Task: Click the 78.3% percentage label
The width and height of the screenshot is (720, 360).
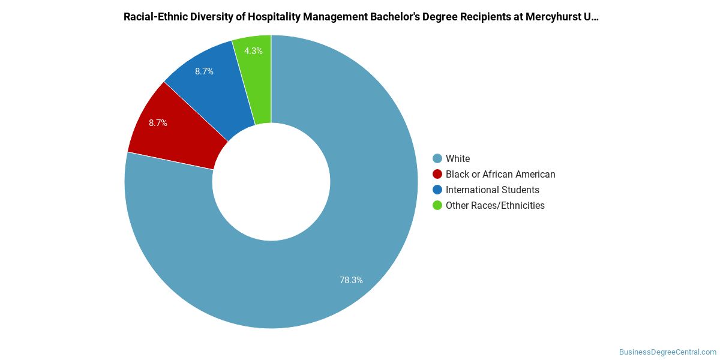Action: pos(351,280)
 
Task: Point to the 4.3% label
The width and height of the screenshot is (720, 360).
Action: pos(253,51)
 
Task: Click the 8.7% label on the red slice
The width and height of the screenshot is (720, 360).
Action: pos(158,123)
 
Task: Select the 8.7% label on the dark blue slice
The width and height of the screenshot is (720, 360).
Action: pos(204,71)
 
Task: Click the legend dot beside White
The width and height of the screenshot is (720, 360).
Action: pos(437,158)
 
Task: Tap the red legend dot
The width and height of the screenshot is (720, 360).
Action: pos(437,174)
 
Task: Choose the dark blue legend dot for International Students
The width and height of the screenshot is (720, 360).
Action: pos(437,190)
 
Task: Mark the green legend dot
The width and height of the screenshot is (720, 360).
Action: pos(437,205)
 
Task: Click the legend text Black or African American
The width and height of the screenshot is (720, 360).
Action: pos(500,174)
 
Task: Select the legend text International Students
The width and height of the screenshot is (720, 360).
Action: pos(492,190)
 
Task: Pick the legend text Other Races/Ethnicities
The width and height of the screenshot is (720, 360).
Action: pos(495,205)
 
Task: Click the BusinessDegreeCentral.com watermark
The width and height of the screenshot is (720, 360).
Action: pos(667,352)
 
